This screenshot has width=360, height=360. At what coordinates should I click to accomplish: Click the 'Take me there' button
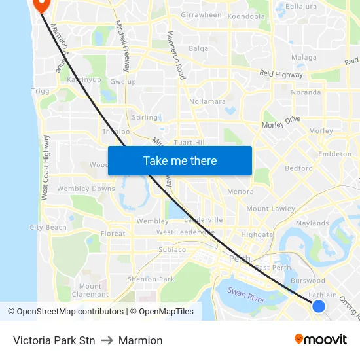pyautogui.click(x=180, y=160)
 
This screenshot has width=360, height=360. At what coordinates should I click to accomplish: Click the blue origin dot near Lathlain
pyautogui.click(x=319, y=306)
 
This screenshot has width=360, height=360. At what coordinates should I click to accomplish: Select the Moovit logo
pyautogui.click(x=320, y=339)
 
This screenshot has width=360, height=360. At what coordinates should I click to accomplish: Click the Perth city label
pyautogui.click(x=240, y=259)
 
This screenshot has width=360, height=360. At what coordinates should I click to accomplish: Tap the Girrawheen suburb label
pyautogui.click(x=201, y=15)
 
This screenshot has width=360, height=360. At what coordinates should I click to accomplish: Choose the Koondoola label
pyautogui.click(x=247, y=16)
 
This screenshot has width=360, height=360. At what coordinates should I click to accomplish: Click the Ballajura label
pyautogui.click(x=301, y=6)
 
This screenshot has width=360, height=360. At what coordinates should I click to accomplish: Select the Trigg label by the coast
pyautogui.click(x=40, y=91)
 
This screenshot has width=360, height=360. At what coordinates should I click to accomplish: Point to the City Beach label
pyautogui.click(x=48, y=228)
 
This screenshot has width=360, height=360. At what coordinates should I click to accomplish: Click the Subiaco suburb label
pyautogui.click(x=172, y=250)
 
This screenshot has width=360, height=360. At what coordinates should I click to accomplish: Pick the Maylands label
pyautogui.click(x=312, y=223)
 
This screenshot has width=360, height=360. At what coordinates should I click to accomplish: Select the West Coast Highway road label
pyautogui.click(x=45, y=168)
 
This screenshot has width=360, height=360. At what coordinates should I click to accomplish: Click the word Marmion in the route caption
pyautogui.click(x=140, y=340)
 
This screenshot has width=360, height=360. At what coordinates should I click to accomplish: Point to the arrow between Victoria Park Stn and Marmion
pyautogui.click(x=107, y=340)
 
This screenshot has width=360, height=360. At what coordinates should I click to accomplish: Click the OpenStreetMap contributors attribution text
pyautogui.click(x=67, y=312)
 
